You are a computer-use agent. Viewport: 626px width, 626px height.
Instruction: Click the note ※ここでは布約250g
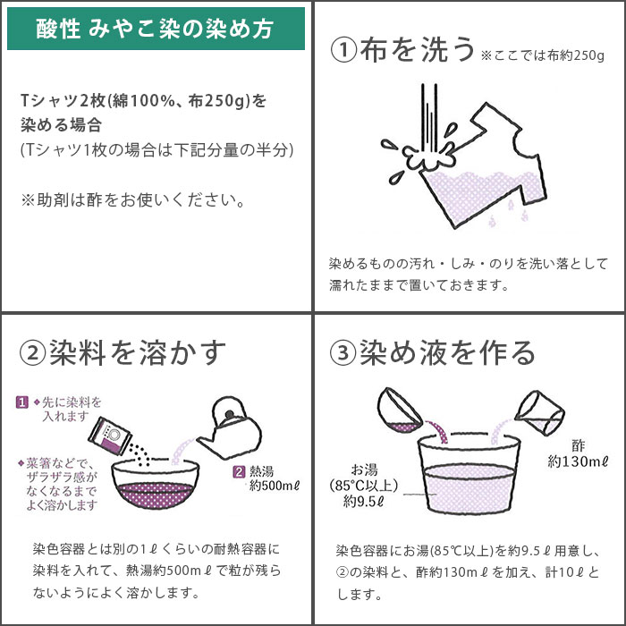tap(543, 55)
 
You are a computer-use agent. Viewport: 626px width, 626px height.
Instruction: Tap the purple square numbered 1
tap(22, 402)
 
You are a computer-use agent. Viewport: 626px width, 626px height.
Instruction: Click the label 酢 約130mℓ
tap(577, 453)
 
